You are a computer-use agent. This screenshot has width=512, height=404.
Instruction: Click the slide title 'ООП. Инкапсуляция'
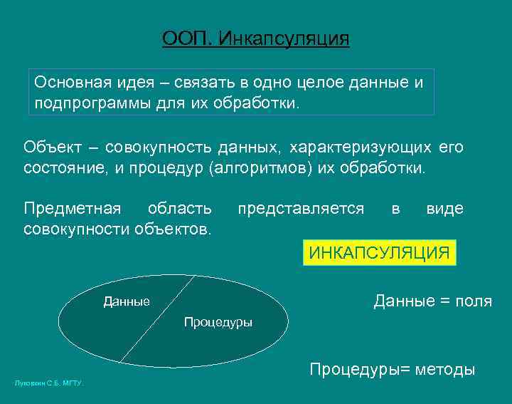(x=255, y=38)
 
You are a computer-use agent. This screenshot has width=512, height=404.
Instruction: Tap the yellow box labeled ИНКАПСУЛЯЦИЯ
(x=379, y=253)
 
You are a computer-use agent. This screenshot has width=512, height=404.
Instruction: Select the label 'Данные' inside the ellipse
(x=127, y=301)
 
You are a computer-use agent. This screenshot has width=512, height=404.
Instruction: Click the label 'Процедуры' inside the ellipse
(x=218, y=322)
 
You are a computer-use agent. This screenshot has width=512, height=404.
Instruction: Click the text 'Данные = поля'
(x=432, y=301)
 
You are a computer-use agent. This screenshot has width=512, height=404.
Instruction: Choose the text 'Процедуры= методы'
(x=392, y=369)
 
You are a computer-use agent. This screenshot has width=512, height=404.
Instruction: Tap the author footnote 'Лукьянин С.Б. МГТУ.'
(x=49, y=383)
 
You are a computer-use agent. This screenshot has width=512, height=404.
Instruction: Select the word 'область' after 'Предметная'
(x=179, y=209)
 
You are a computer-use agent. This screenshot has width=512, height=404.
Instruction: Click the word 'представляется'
(x=301, y=209)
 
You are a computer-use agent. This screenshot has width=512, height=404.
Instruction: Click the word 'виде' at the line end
(x=444, y=209)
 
